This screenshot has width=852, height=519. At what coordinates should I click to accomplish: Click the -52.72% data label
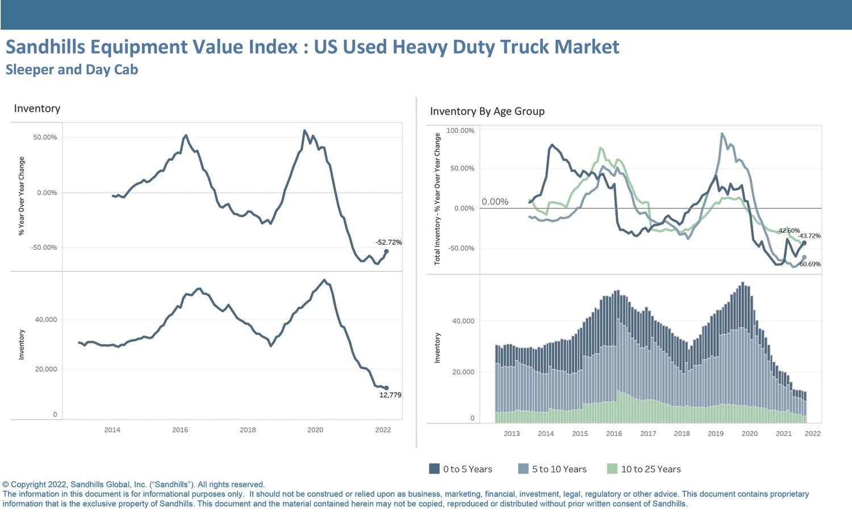389,242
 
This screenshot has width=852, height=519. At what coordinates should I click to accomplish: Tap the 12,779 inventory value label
390,395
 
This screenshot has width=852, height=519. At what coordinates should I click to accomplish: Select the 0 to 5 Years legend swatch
435,468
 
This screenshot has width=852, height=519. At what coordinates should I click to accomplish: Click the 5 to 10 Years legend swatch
523,468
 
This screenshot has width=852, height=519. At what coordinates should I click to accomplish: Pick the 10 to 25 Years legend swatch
612,468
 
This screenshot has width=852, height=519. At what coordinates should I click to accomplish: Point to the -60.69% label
809,264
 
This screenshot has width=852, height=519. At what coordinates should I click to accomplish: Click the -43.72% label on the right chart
809,236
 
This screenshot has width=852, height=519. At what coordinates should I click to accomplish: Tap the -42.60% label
788,231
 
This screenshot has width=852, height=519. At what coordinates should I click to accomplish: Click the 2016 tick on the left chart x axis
180,430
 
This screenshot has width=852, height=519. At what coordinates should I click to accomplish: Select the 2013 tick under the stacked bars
512,433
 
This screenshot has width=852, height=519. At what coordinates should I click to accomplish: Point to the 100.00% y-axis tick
460,131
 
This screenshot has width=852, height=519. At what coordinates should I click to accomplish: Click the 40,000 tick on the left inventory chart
46,320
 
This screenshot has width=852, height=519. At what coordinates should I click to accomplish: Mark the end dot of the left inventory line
386,388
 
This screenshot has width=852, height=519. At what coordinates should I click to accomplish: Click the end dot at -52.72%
386,252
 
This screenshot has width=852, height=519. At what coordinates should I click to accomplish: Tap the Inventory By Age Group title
487,111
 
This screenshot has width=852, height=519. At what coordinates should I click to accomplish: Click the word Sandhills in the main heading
45,47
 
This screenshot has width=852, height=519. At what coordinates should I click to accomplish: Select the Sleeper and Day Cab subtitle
72,70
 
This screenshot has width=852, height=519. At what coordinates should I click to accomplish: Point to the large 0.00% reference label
495,202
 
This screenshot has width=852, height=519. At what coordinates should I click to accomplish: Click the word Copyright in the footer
28,485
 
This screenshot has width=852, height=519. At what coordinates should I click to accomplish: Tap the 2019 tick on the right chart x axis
716,433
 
